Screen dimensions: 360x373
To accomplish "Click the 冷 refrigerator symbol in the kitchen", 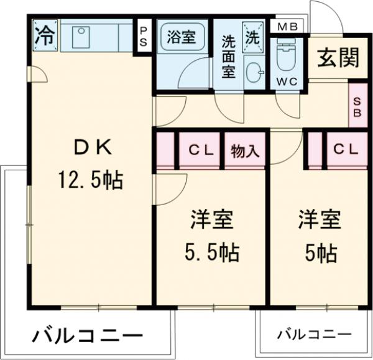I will click(44, 35).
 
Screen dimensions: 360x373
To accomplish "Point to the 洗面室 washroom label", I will click(229, 55).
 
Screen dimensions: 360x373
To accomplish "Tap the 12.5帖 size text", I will click(91, 180).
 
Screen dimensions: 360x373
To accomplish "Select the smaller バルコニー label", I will click(314, 335).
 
